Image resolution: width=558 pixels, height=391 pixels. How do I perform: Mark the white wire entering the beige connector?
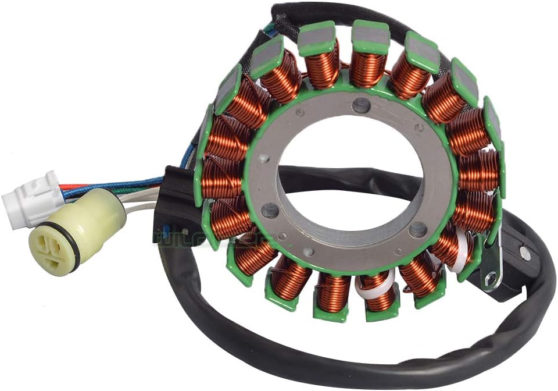(137, 205)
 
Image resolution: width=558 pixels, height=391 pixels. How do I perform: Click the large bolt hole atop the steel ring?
(361, 105)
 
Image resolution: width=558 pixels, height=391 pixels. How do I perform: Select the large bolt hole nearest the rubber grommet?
(270, 209)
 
